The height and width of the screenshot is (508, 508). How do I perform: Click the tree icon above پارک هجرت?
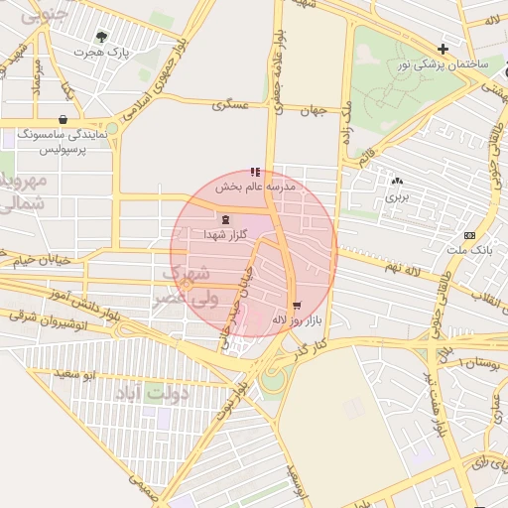click(x=101, y=37)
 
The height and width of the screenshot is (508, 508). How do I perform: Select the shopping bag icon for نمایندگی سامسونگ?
click(x=63, y=119)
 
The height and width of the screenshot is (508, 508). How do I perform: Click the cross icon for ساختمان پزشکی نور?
click(x=443, y=49)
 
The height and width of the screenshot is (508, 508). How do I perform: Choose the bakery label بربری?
click(x=397, y=196)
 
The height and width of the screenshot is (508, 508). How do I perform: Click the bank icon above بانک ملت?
click(x=469, y=235)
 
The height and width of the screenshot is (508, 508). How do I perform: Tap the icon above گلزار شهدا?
click(x=226, y=219)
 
